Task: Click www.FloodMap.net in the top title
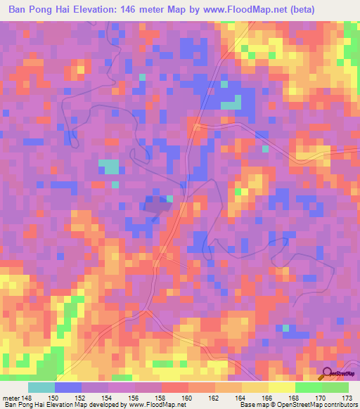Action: point(239,8)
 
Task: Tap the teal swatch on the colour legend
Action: point(41,387)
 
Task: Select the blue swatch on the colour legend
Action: point(67,387)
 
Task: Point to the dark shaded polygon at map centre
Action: point(156,206)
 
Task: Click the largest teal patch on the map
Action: point(108,167)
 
